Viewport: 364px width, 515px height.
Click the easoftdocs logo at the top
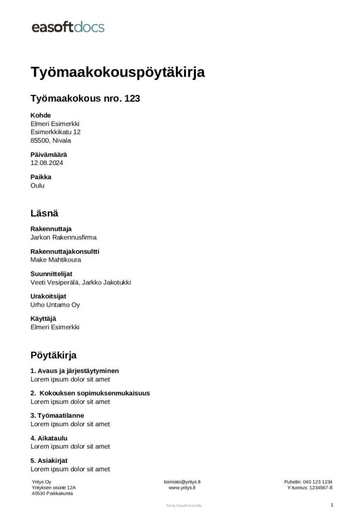click(68, 27)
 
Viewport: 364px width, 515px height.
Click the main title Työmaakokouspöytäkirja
click(118, 72)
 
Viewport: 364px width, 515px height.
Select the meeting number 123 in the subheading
click(132, 99)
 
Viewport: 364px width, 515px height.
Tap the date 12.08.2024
click(47, 163)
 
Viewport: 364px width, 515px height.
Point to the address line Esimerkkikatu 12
click(55, 132)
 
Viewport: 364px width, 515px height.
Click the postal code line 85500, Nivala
click(51, 140)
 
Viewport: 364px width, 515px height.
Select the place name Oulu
click(38, 185)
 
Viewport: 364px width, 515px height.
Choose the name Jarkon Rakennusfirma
click(63, 237)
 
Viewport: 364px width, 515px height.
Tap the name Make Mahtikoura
click(56, 260)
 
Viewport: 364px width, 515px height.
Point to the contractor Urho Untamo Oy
click(55, 305)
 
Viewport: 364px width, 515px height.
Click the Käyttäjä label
click(43, 319)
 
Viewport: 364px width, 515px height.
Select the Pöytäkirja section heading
click(53, 356)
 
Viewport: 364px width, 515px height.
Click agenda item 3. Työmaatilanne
click(57, 415)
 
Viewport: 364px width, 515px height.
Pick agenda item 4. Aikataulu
click(49, 438)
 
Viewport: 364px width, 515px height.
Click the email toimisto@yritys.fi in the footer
click(182, 482)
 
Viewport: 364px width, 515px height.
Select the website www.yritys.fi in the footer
click(181, 488)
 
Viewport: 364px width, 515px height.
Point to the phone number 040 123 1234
click(317, 482)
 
